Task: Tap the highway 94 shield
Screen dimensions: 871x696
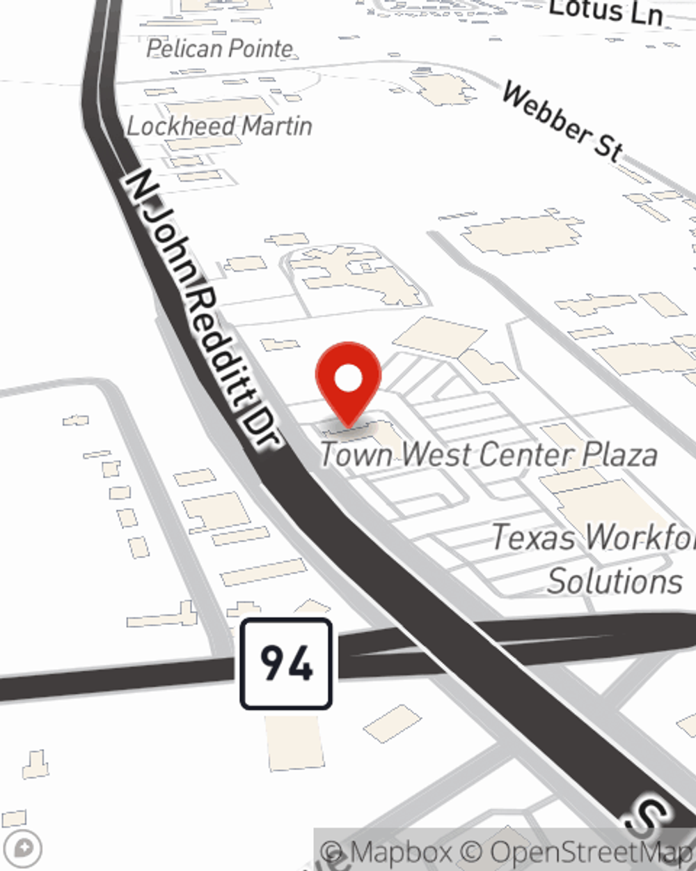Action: coord(286,663)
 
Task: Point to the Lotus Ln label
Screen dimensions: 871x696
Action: coord(605,12)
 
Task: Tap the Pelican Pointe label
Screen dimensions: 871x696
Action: coord(220,49)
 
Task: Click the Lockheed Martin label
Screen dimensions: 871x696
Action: coord(219,126)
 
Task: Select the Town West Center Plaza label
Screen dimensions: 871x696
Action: coord(488,454)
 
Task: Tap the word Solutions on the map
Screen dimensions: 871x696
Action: coord(615,581)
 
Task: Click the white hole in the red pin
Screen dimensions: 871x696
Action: coord(348,379)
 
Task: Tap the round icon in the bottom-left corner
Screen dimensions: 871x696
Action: coord(24,849)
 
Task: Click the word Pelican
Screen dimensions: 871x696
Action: coord(182,49)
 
